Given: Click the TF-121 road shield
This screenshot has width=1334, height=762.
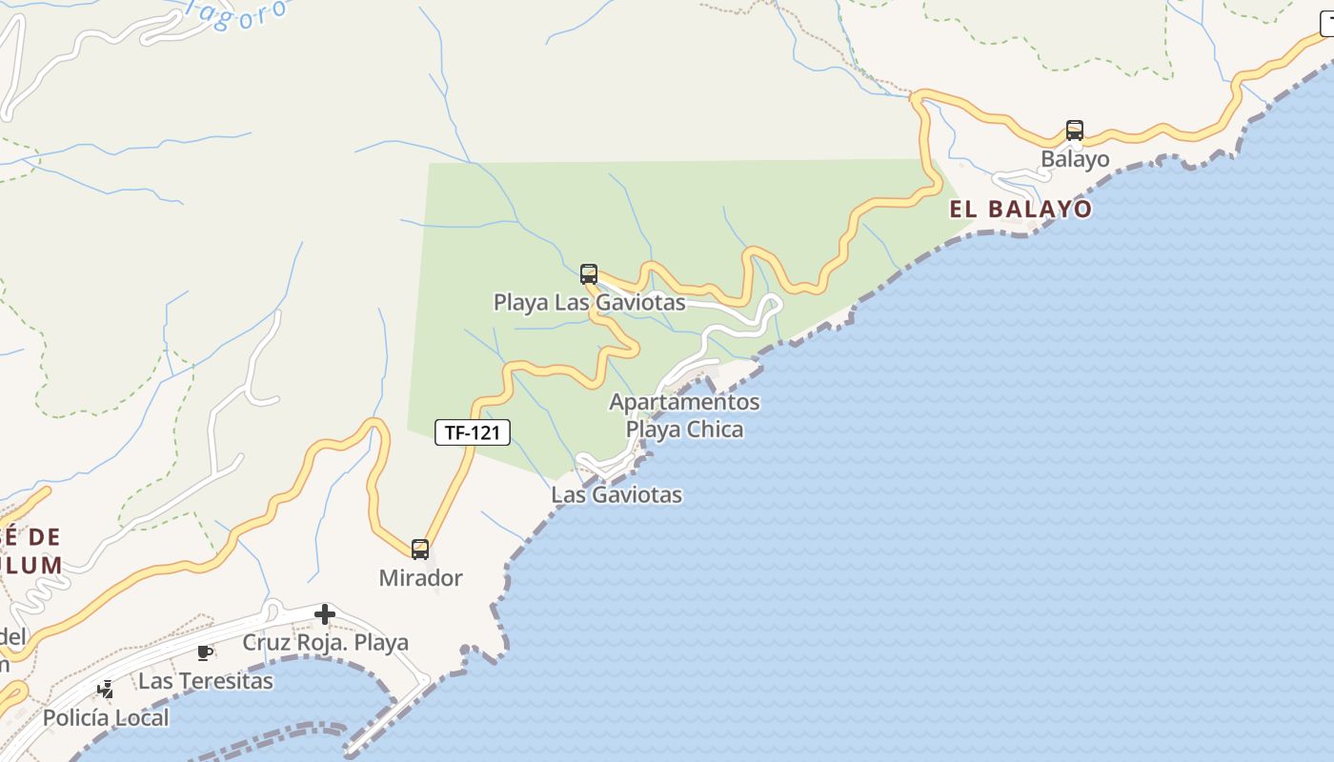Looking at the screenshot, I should [x=473, y=432].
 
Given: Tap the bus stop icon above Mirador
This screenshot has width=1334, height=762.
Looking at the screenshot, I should [x=420, y=550].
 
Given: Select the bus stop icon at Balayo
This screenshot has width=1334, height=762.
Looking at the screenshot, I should [x=1075, y=130].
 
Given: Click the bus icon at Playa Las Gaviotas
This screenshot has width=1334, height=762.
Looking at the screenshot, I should [x=589, y=274].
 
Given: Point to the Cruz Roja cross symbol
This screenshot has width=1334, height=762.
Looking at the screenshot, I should [x=325, y=614].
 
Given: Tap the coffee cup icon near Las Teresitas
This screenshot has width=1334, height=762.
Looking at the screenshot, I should [x=203, y=652].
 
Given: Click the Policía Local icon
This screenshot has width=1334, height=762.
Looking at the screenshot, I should [x=106, y=689].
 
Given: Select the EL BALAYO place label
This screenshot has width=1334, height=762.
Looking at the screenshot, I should [x=1021, y=210].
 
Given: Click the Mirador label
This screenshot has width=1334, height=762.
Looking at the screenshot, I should [x=420, y=578].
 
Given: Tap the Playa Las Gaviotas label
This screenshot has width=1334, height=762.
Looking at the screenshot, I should [x=589, y=303].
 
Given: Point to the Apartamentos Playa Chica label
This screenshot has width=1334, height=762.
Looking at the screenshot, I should [x=684, y=415].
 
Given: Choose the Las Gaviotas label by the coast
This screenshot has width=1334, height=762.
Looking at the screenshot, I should [x=616, y=495].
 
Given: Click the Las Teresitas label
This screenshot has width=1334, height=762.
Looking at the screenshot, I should [x=205, y=681].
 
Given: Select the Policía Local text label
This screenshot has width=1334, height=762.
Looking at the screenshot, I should [x=106, y=717].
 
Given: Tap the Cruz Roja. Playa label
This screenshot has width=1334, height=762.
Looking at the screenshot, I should [x=325, y=643].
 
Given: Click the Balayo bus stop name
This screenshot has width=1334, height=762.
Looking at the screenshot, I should [x=1075, y=159].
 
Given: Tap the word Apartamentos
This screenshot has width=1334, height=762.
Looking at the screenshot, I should [x=684, y=402].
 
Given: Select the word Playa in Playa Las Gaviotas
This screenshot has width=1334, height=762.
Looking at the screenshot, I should [x=520, y=303].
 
